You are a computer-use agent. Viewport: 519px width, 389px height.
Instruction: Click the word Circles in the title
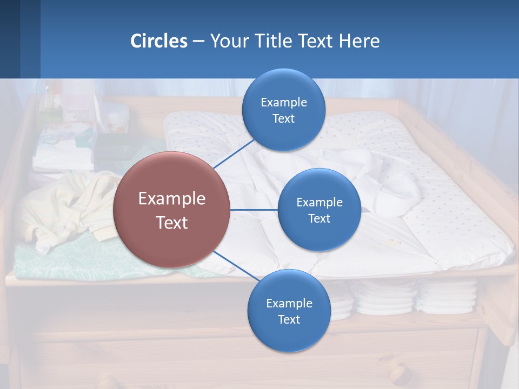[x=159, y=41]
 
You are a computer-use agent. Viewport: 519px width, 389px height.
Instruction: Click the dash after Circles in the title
[x=198, y=42]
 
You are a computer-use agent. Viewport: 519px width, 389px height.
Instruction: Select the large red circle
[x=172, y=210]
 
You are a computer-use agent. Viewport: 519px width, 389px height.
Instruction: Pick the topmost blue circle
[x=283, y=110]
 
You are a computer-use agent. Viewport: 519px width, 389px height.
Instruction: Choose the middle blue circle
[x=319, y=210]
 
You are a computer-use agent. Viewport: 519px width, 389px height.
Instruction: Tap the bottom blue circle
[x=289, y=311]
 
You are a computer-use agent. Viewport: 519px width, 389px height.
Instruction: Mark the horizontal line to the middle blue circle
[x=254, y=210]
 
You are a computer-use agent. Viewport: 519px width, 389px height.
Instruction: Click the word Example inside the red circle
[x=172, y=198]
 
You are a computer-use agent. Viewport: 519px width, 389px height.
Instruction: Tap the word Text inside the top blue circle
[x=283, y=118]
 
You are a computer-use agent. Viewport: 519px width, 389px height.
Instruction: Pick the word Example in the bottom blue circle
[x=289, y=303]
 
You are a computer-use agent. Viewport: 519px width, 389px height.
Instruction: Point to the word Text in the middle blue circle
[x=319, y=218]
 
